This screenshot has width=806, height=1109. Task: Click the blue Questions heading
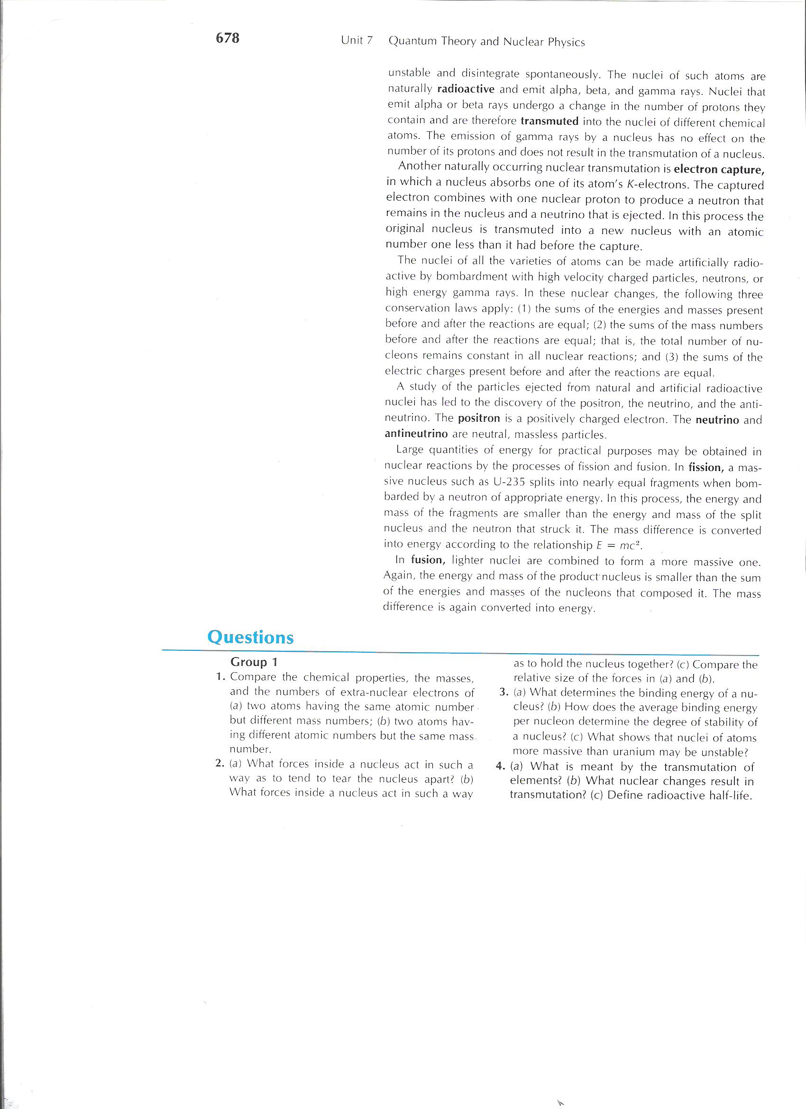[250, 637]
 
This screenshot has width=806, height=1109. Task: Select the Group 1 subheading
[254, 662]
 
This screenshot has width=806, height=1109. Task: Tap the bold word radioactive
[466, 90]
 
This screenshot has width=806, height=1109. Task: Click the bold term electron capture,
[718, 169]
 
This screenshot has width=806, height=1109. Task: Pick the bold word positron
[479, 418]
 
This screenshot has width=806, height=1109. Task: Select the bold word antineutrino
[416, 434]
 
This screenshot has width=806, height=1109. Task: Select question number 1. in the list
[220, 677]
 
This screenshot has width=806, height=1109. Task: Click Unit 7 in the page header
[357, 41]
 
